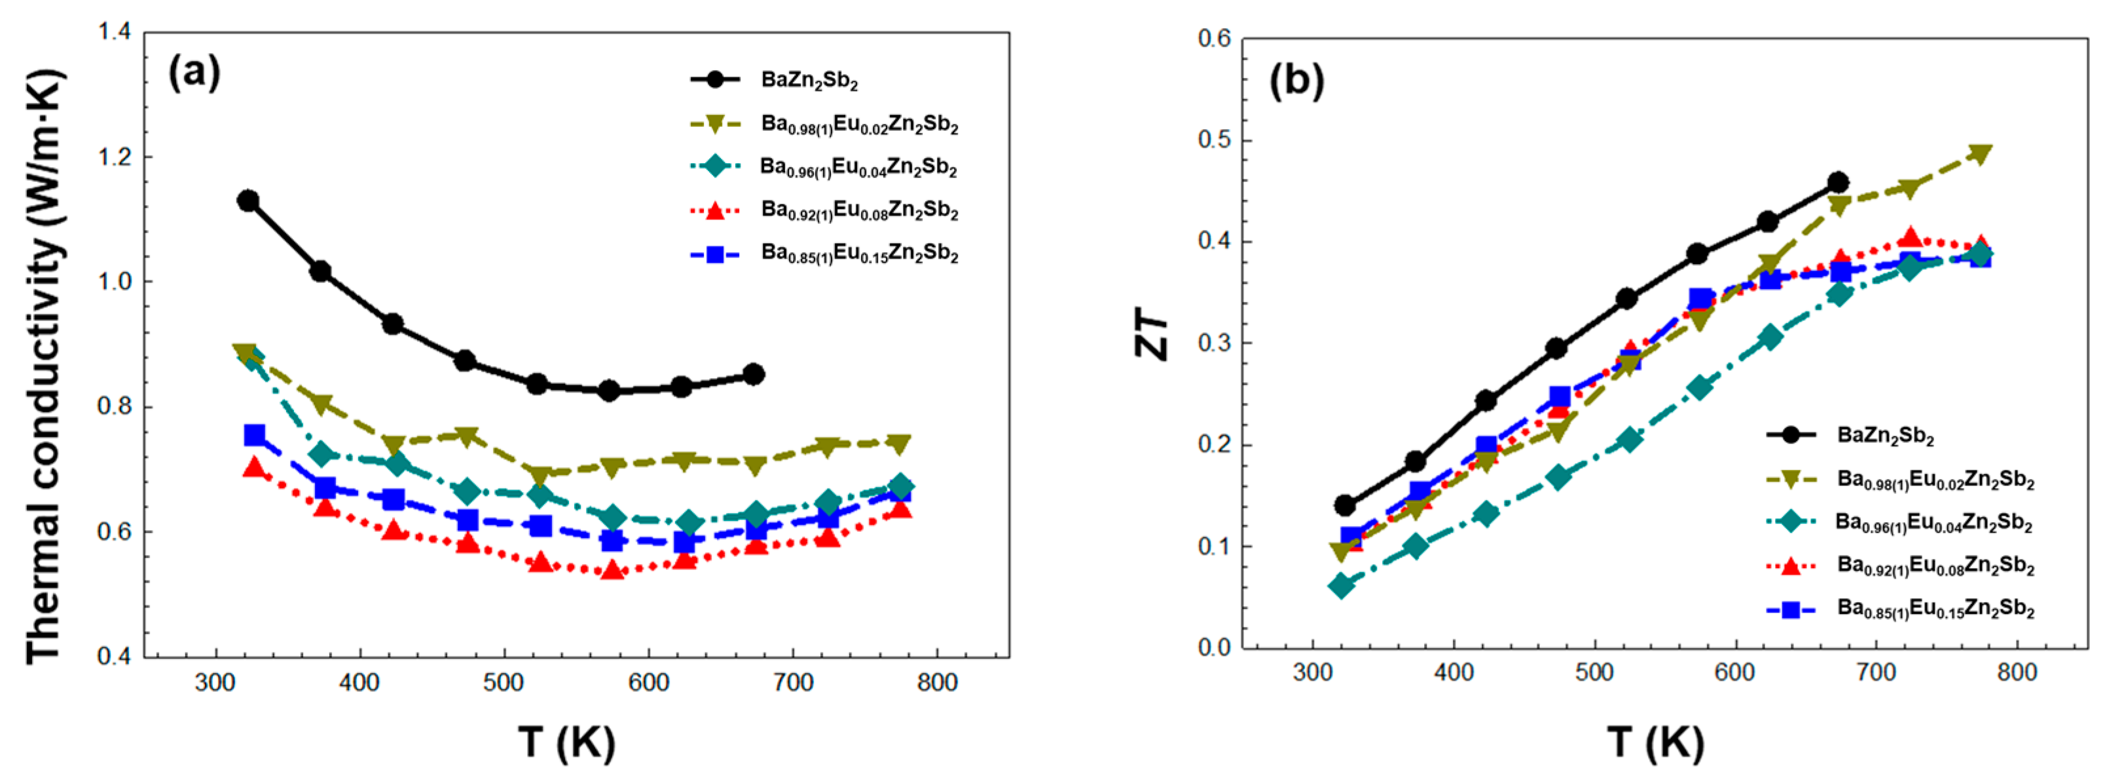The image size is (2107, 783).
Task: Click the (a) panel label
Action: click(194, 73)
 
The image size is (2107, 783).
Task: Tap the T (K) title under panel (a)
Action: click(567, 742)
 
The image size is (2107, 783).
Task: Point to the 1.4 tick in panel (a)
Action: click(114, 33)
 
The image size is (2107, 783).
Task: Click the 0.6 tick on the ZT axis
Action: click(1215, 39)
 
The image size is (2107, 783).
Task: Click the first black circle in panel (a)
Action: click(248, 201)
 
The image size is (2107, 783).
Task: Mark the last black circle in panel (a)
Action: click(754, 374)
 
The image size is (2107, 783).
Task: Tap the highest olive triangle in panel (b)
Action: click(1980, 154)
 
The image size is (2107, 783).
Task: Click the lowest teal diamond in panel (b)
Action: click(1342, 585)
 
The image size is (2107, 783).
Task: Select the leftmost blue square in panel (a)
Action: click(255, 434)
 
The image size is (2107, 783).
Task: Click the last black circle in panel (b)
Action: click(1839, 181)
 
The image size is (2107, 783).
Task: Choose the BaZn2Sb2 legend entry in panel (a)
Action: click(808, 80)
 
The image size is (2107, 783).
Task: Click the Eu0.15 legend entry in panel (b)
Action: click(1934, 609)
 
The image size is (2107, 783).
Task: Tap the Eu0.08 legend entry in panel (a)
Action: click(859, 210)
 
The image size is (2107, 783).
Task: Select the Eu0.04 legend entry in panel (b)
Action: click(1933, 522)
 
